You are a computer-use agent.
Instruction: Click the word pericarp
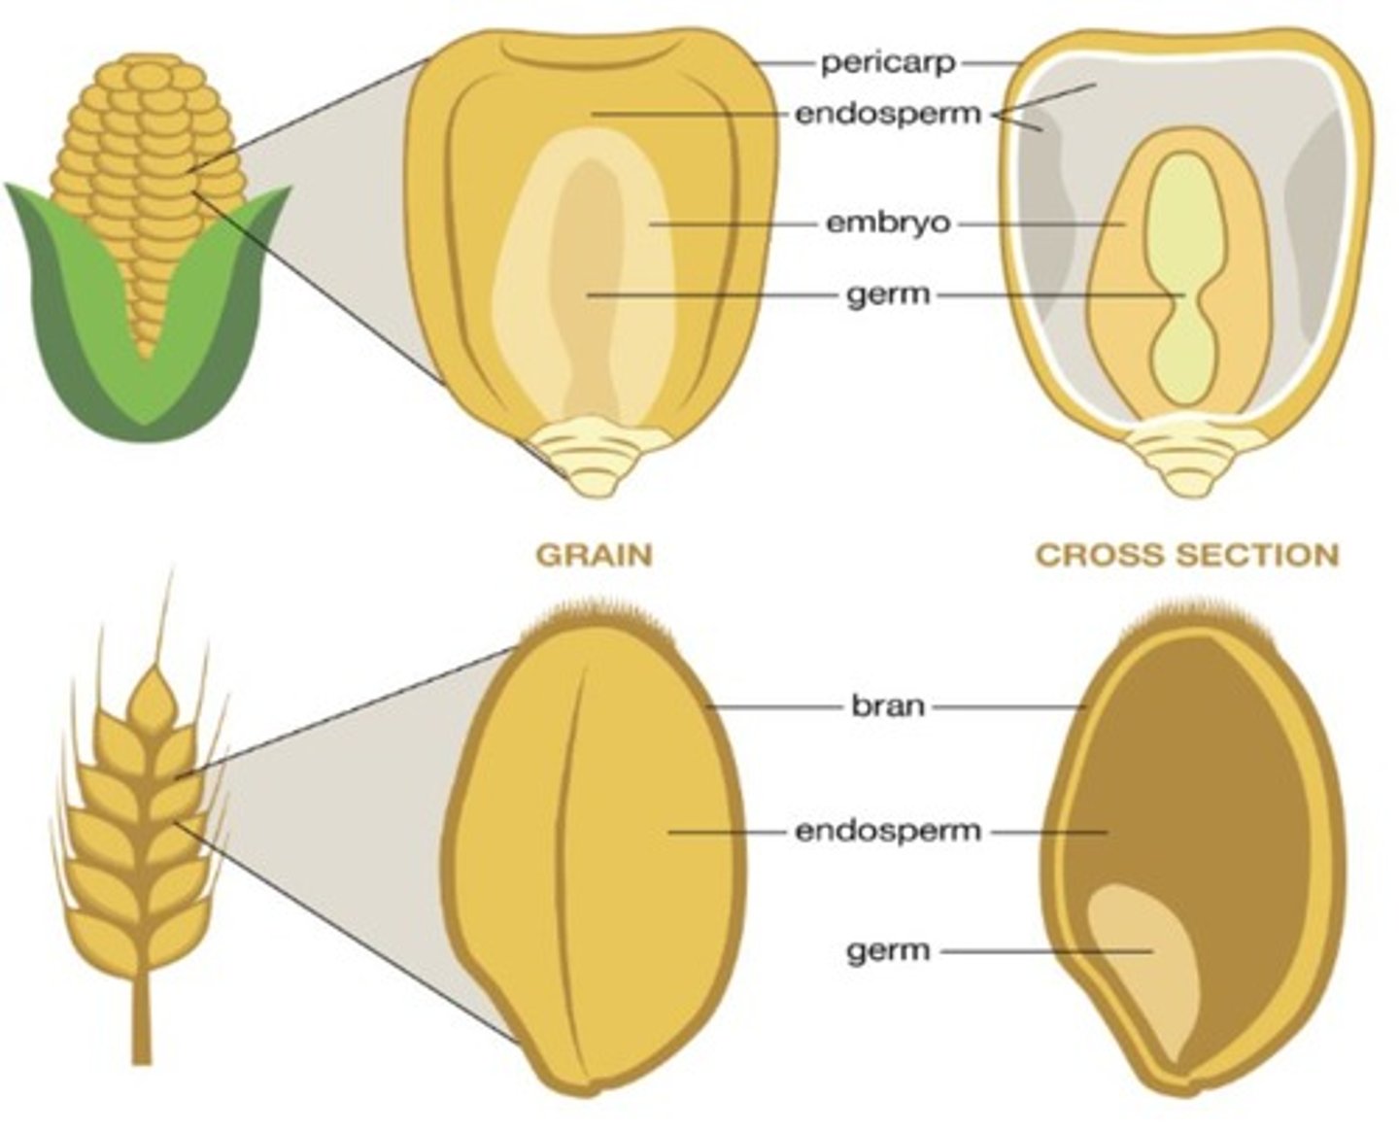[888, 63]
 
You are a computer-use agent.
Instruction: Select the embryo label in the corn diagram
[888, 223]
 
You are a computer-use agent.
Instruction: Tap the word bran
[888, 705]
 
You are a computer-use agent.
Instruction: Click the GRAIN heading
[595, 555]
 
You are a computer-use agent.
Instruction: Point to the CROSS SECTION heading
[1186, 555]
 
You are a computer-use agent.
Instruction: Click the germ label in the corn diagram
[888, 293]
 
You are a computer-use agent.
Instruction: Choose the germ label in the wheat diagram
[888, 950]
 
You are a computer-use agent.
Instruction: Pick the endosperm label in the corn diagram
[888, 114]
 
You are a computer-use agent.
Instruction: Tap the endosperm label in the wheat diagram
[888, 832]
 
